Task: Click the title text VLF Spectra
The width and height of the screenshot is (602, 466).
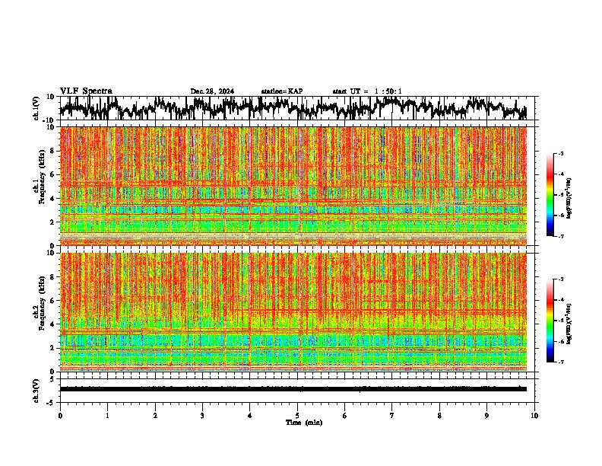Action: click(x=86, y=91)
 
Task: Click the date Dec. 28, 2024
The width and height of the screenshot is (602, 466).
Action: click(x=212, y=91)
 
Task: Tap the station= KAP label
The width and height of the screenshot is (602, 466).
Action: click(x=282, y=91)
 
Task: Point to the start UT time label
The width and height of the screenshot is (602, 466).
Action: click(x=367, y=91)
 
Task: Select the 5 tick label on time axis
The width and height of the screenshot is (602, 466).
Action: click(x=297, y=416)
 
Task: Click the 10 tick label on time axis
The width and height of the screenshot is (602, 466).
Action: click(x=534, y=416)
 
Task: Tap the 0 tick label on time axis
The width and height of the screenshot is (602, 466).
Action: click(x=60, y=416)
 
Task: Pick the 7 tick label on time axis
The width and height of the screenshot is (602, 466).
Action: click(x=392, y=416)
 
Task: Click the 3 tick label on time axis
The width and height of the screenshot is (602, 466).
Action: click(x=202, y=416)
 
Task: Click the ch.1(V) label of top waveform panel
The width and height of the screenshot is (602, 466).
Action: click(x=36, y=108)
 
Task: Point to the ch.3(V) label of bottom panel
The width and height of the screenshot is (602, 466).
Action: click(x=36, y=388)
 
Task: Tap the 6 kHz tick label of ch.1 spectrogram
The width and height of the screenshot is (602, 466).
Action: click(x=54, y=174)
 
